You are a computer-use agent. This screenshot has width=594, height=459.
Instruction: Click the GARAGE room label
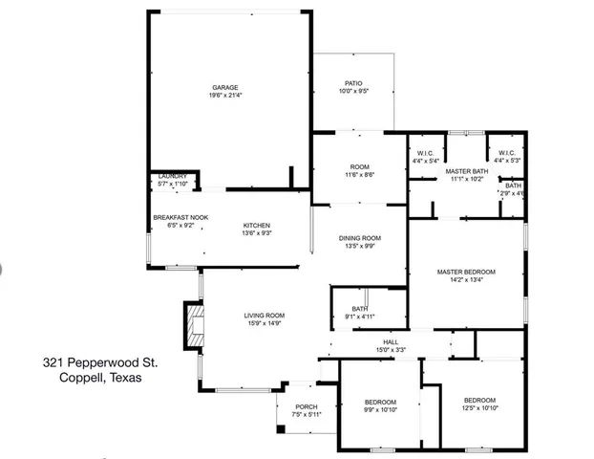pyautogui.click(x=225, y=87)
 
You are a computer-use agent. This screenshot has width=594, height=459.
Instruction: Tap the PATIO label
pyautogui.click(x=354, y=83)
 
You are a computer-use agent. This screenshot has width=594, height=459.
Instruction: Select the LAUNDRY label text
pyautogui.click(x=172, y=175)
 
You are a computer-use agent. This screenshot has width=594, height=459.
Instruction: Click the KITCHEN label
pyautogui.click(x=256, y=225)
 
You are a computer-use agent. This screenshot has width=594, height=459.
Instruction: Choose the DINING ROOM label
pyautogui.click(x=360, y=237)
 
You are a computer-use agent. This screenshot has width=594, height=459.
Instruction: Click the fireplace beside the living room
pyautogui.click(x=194, y=325)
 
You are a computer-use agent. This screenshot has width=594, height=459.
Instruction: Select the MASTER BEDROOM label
pyautogui.click(x=466, y=272)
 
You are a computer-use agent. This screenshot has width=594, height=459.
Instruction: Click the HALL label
pyautogui.click(x=391, y=342)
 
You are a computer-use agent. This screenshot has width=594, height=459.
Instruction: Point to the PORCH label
pyautogui.click(x=306, y=406)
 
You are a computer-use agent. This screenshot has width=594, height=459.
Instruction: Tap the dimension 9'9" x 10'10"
pyautogui.click(x=380, y=409)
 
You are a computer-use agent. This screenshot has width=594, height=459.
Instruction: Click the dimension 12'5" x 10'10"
pyautogui.click(x=479, y=408)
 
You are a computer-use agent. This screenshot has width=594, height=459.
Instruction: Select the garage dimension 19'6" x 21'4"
pyautogui.click(x=225, y=96)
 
